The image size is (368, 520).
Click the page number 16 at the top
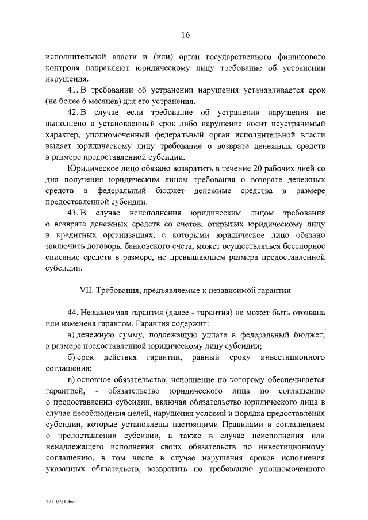[x=185, y=34]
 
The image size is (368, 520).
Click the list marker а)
[x=71, y=334]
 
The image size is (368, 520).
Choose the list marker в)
[x=71, y=379]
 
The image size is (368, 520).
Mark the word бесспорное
[x=298, y=246]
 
